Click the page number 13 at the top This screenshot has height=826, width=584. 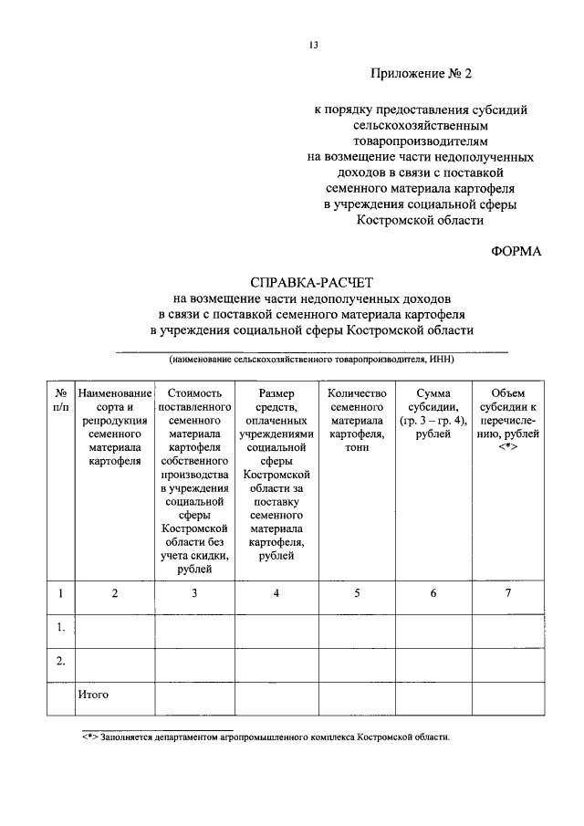pos(312,45)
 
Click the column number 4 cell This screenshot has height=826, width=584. pos(276,593)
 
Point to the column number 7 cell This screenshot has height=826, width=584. pos(508,593)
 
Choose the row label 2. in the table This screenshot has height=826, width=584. pos(60,661)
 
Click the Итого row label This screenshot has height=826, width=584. pos(93,695)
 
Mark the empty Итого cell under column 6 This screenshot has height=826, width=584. pos(433,699)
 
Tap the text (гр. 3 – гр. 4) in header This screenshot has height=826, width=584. pos(433,421)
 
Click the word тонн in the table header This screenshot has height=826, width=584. pos(357,435)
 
